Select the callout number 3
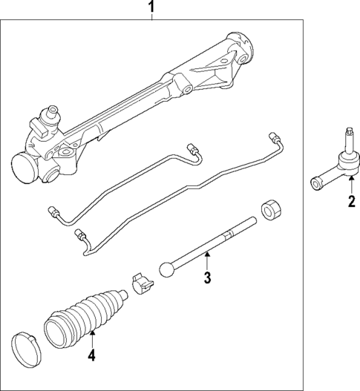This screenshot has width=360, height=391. [x=208, y=278]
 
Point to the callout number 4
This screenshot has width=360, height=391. [x=92, y=355]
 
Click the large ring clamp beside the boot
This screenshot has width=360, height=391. [x=25, y=346]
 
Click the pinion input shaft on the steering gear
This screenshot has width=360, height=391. [x=52, y=115]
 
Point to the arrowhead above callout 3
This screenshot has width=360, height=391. [x=208, y=255]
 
